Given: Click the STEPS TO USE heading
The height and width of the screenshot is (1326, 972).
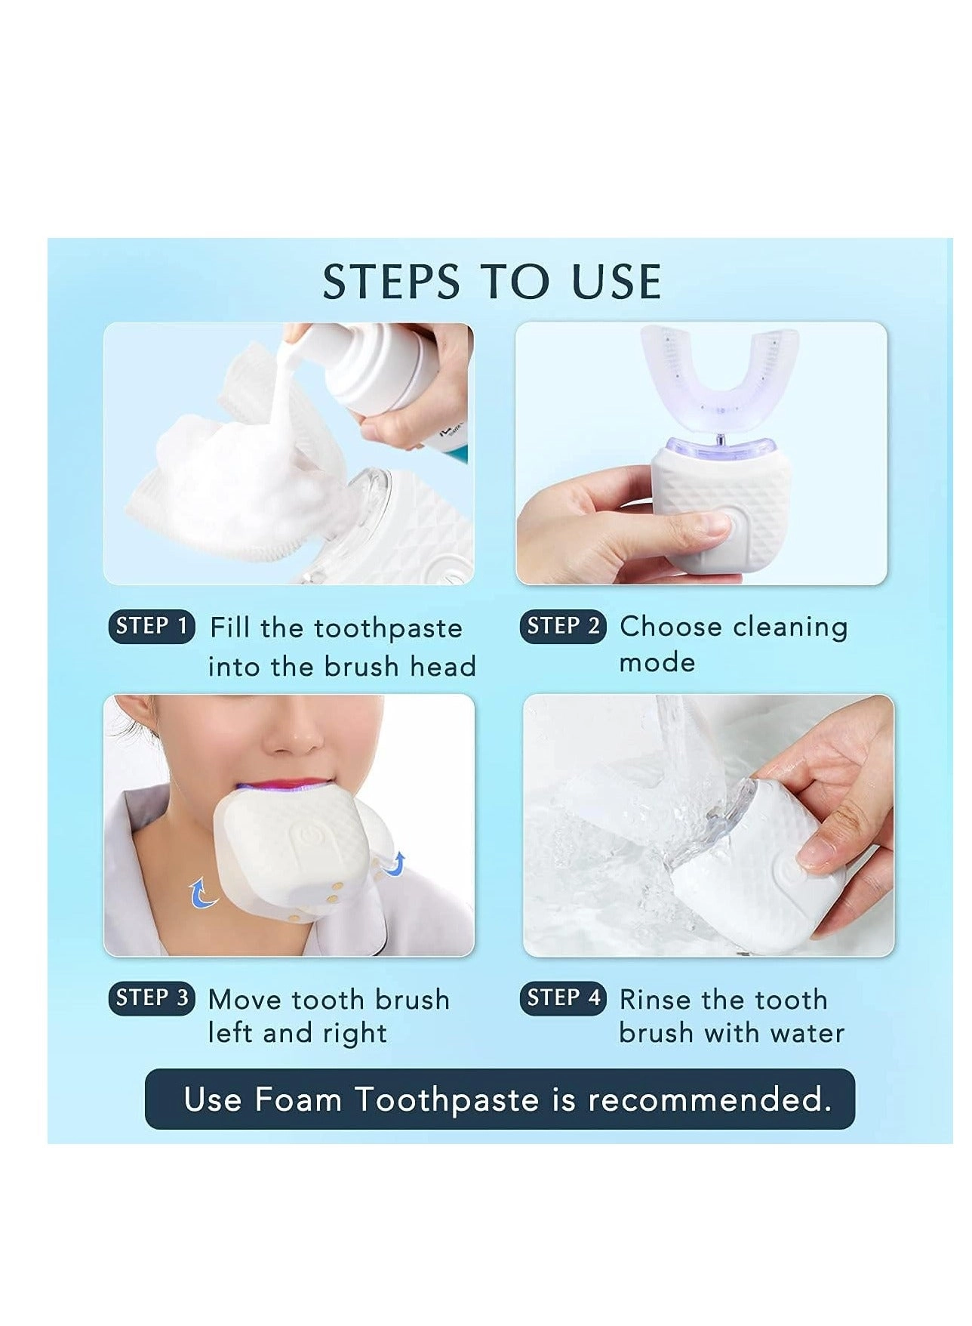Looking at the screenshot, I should point(492,282).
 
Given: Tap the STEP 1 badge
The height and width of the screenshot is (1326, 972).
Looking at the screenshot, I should point(151,626).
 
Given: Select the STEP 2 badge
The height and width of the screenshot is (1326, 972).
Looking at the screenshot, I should point(563,626).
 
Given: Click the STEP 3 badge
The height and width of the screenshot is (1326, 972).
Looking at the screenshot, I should point(151,998).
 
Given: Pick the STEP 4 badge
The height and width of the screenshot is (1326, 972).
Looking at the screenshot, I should point(563,998).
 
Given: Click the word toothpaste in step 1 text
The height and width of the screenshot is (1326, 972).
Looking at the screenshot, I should point(388,628).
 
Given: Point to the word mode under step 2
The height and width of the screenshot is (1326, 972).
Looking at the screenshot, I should point(657,663).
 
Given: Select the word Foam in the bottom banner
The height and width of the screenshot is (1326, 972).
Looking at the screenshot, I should point(298,1099).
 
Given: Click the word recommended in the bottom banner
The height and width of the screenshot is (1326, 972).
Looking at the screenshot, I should point(709,1099).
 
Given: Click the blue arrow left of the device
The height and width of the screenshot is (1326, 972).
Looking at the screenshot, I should point(201,893).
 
